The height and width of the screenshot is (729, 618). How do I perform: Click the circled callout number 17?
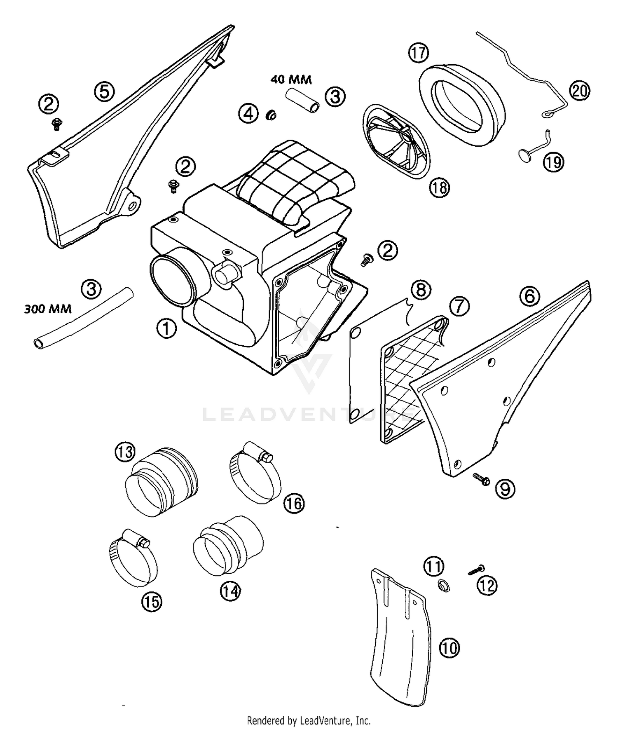pyautogui.click(x=419, y=54)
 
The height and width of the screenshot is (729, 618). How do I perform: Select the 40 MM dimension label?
pyautogui.click(x=291, y=79)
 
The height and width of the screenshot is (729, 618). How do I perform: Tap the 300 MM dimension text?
pyautogui.click(x=48, y=308)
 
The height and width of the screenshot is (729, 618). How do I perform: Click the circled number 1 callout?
pyautogui.click(x=166, y=329)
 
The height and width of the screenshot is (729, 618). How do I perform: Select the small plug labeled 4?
pyautogui.click(x=271, y=115)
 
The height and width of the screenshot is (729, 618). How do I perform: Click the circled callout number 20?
pyautogui.click(x=579, y=91)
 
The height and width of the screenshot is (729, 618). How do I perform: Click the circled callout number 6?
pyautogui.click(x=530, y=296)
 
